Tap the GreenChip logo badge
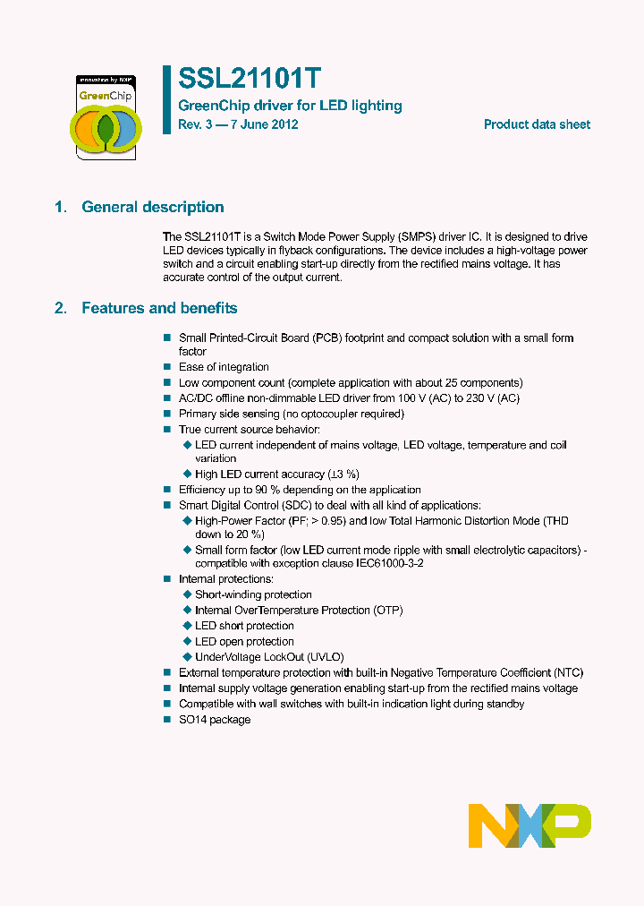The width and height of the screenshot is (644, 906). click(105, 116)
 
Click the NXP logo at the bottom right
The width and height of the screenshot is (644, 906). click(530, 825)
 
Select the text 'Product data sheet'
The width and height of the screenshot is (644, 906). click(537, 124)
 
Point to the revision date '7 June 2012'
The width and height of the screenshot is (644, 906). click(264, 124)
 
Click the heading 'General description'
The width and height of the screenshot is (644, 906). click(153, 207)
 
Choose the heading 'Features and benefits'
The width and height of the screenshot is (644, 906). click(159, 308)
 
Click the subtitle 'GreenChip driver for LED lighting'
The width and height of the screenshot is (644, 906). click(291, 106)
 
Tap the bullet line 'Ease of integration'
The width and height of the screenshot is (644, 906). click(224, 367)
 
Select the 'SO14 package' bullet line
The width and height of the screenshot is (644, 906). click(215, 720)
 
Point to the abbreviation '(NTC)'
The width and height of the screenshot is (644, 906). click(569, 672)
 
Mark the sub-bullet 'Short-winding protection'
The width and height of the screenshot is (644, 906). click(253, 594)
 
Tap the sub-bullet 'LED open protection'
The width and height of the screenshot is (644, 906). click(244, 641)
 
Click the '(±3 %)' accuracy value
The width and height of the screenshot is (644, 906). click(343, 474)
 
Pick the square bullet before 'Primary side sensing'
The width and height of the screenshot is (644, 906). click(166, 414)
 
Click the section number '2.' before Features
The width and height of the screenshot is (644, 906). click(61, 308)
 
